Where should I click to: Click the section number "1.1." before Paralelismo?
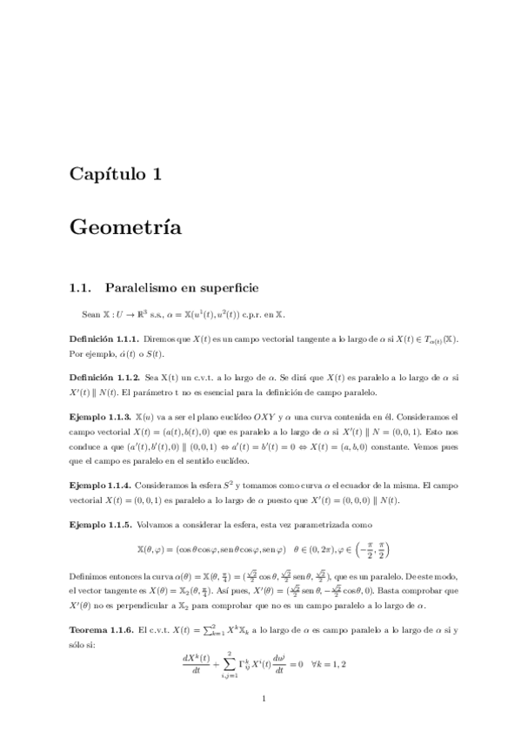click(x=80, y=286)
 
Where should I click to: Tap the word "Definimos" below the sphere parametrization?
click(x=88, y=575)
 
